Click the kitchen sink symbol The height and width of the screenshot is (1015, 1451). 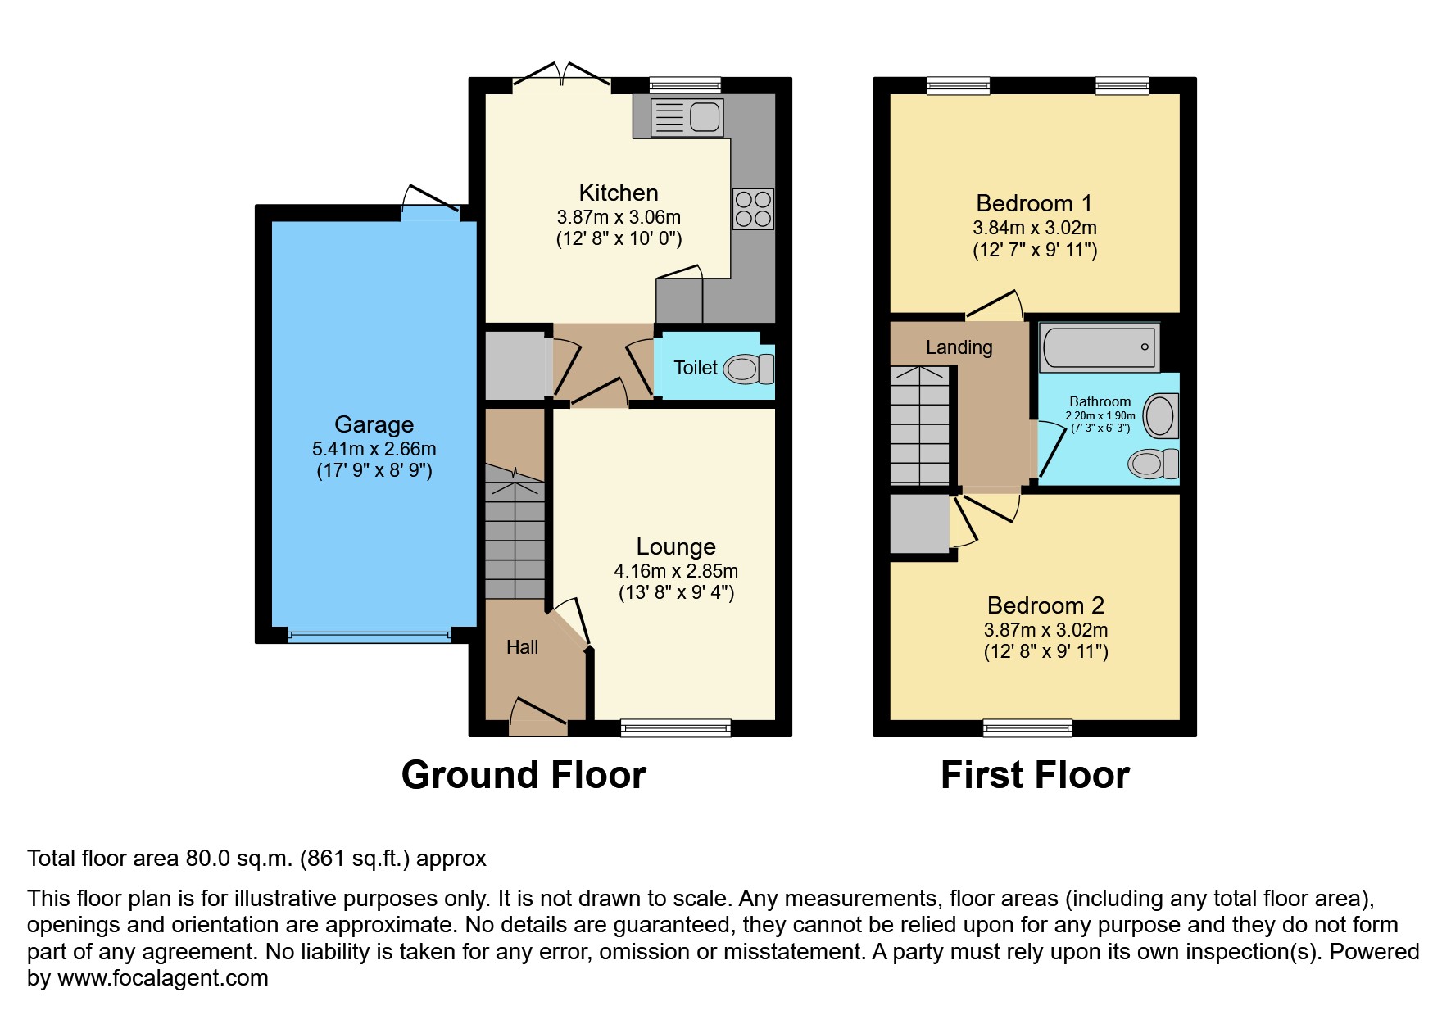[687, 117]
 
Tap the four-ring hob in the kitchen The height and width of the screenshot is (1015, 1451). [753, 209]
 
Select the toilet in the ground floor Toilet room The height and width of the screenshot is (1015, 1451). [747, 369]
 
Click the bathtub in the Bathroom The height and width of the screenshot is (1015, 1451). [1099, 347]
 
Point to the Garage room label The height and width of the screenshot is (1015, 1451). [374, 424]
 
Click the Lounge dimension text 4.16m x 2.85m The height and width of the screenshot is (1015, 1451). [676, 571]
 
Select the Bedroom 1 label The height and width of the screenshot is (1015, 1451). [1034, 203]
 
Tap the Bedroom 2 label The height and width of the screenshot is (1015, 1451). [1045, 605]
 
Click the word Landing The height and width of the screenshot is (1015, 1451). [959, 347]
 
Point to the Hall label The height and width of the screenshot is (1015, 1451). [522, 647]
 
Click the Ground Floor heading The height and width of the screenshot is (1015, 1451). [524, 775]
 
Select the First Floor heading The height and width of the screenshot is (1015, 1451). [1035, 775]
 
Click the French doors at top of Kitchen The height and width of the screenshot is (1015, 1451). [562, 76]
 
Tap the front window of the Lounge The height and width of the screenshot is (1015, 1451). [675, 727]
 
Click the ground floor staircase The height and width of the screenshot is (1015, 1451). [515, 532]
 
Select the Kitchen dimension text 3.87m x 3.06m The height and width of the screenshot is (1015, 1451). [619, 217]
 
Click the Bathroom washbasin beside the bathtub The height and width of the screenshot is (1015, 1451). [1160, 416]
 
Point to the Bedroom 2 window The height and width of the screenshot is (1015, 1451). [1027, 727]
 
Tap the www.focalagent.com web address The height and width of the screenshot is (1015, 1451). [163, 978]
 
